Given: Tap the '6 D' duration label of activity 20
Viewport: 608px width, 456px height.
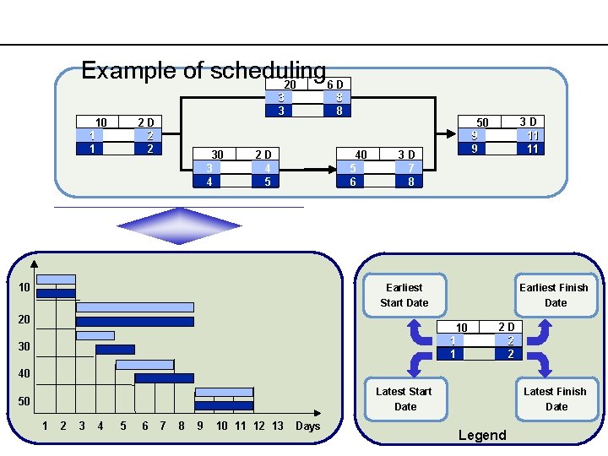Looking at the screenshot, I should (x=335, y=84).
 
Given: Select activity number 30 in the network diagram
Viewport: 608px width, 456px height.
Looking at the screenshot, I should (x=218, y=155).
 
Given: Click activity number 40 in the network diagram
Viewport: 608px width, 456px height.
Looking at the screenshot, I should (x=361, y=155).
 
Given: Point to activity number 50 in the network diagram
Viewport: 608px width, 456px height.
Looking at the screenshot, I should (x=482, y=122).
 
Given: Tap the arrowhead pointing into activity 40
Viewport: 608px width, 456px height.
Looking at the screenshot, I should (x=331, y=169).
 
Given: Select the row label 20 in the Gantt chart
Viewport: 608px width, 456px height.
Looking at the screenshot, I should (x=24, y=319).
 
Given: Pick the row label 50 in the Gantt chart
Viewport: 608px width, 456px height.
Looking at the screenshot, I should (x=24, y=401).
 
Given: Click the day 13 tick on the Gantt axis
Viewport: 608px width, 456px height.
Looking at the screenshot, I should (x=277, y=426).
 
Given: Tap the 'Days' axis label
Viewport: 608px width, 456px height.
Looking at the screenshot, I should (x=307, y=426).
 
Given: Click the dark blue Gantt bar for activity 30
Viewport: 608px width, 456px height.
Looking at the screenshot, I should (x=115, y=349).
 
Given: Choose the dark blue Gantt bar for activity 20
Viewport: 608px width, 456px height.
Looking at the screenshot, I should (x=134, y=322).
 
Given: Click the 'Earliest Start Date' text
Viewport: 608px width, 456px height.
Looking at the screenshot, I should (x=404, y=295).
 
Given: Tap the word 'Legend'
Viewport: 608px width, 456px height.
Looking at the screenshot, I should (x=481, y=435).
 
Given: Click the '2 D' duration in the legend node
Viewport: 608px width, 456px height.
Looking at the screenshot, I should (x=507, y=327).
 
